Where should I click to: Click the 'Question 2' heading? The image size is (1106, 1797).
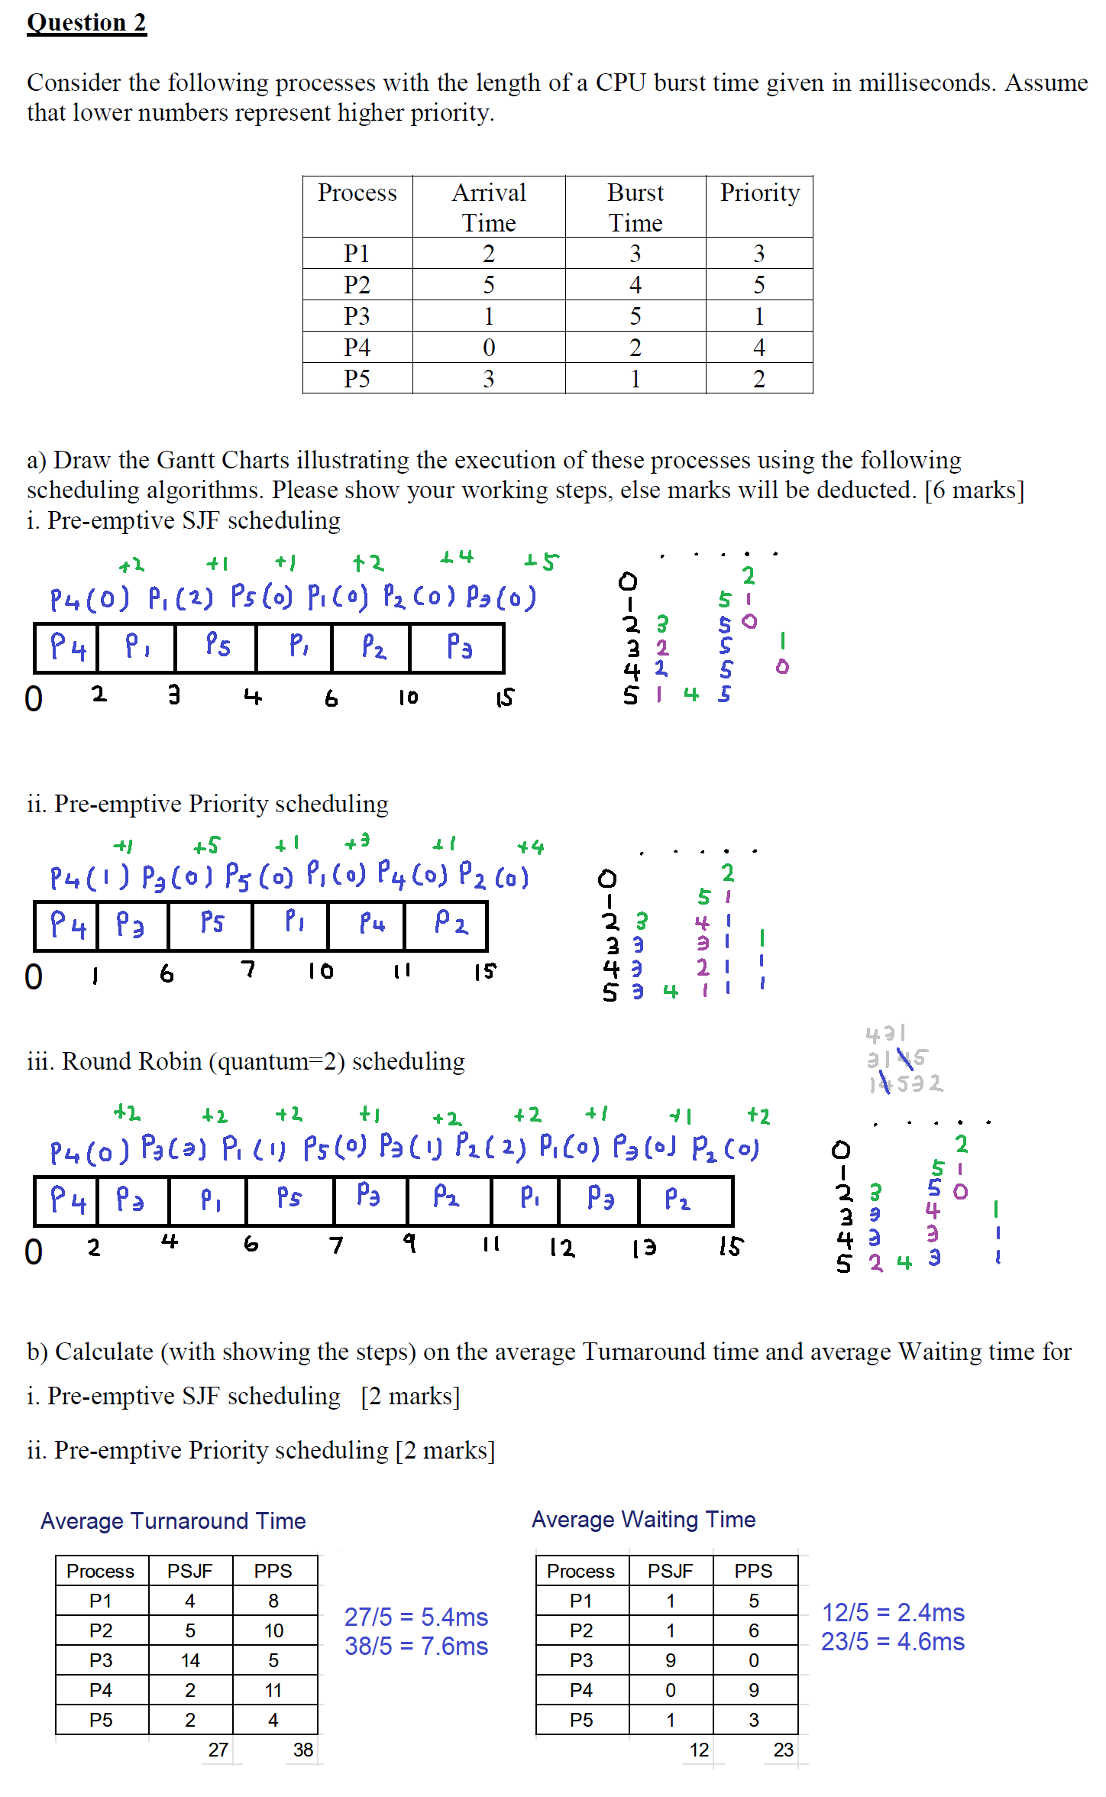(x=86, y=23)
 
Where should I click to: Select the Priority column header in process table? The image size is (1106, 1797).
(x=759, y=193)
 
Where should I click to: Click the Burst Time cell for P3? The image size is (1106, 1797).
(x=635, y=316)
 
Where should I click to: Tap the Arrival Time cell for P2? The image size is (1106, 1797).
(x=488, y=284)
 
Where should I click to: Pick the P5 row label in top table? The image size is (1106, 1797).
(x=357, y=378)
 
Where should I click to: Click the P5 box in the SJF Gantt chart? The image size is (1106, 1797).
(x=217, y=647)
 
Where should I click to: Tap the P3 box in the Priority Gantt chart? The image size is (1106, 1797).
(x=131, y=925)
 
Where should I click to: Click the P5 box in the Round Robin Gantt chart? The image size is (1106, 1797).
(x=289, y=1200)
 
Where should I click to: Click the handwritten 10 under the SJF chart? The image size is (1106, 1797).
(x=408, y=697)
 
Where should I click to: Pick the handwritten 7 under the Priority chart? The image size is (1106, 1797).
(x=247, y=970)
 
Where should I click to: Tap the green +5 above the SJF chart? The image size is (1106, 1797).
(x=542, y=562)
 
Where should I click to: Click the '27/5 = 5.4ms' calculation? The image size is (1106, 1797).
(x=416, y=1617)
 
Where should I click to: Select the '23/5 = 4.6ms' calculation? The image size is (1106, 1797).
(x=892, y=1642)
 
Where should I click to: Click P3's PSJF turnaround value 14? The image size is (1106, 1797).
(x=190, y=1660)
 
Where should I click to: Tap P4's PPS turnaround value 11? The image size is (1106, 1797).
(x=273, y=1690)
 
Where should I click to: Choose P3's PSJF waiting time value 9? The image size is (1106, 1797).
(x=671, y=1660)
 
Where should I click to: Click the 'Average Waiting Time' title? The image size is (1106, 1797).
(x=643, y=1520)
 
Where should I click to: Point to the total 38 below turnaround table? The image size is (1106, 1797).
(x=303, y=1750)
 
